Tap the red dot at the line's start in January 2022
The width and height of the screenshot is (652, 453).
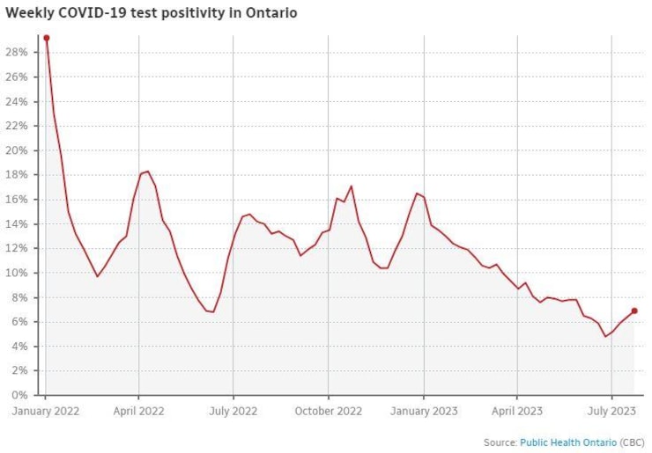click(46, 38)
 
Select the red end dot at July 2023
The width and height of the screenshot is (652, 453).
click(634, 311)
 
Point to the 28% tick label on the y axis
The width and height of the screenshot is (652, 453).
click(19, 52)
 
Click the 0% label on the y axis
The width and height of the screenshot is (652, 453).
click(22, 395)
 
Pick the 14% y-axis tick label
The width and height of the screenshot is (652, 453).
click(19, 223)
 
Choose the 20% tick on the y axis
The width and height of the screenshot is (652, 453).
click(19, 150)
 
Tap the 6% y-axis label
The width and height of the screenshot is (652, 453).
click(22, 321)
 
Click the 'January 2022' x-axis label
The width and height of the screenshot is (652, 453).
click(45, 410)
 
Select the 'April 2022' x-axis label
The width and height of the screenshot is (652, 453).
click(139, 410)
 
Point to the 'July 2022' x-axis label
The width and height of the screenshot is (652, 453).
click(233, 410)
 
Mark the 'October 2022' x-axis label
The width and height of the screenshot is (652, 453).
click(328, 410)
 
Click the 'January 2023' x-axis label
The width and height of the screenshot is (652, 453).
click(423, 410)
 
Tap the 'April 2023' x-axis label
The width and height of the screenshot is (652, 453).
click(517, 410)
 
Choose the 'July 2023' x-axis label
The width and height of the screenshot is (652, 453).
click(611, 410)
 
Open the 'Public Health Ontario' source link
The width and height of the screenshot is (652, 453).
click(568, 442)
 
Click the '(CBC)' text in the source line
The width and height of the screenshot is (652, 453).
click(633, 442)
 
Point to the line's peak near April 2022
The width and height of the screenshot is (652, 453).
click(147, 171)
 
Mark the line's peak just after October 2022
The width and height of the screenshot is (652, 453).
click(352, 186)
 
